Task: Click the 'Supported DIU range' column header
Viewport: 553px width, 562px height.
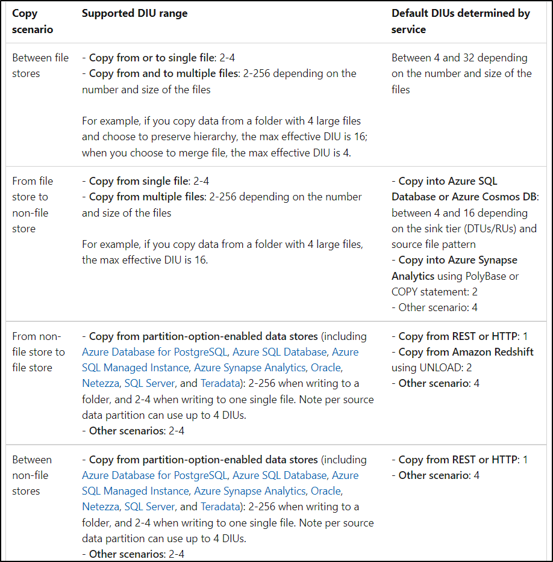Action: click(134, 13)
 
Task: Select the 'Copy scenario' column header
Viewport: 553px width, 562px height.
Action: click(33, 21)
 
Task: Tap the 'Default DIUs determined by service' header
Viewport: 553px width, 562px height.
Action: click(461, 21)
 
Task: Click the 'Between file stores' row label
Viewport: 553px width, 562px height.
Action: click(40, 66)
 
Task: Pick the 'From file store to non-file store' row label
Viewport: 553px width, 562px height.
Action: click(33, 205)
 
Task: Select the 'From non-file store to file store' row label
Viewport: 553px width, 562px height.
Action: click(39, 352)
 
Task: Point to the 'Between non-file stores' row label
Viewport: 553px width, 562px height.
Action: click(33, 475)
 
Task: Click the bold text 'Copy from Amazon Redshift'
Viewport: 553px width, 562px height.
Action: click(466, 352)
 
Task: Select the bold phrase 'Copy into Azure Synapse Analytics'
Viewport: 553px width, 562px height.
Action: click(455, 268)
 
